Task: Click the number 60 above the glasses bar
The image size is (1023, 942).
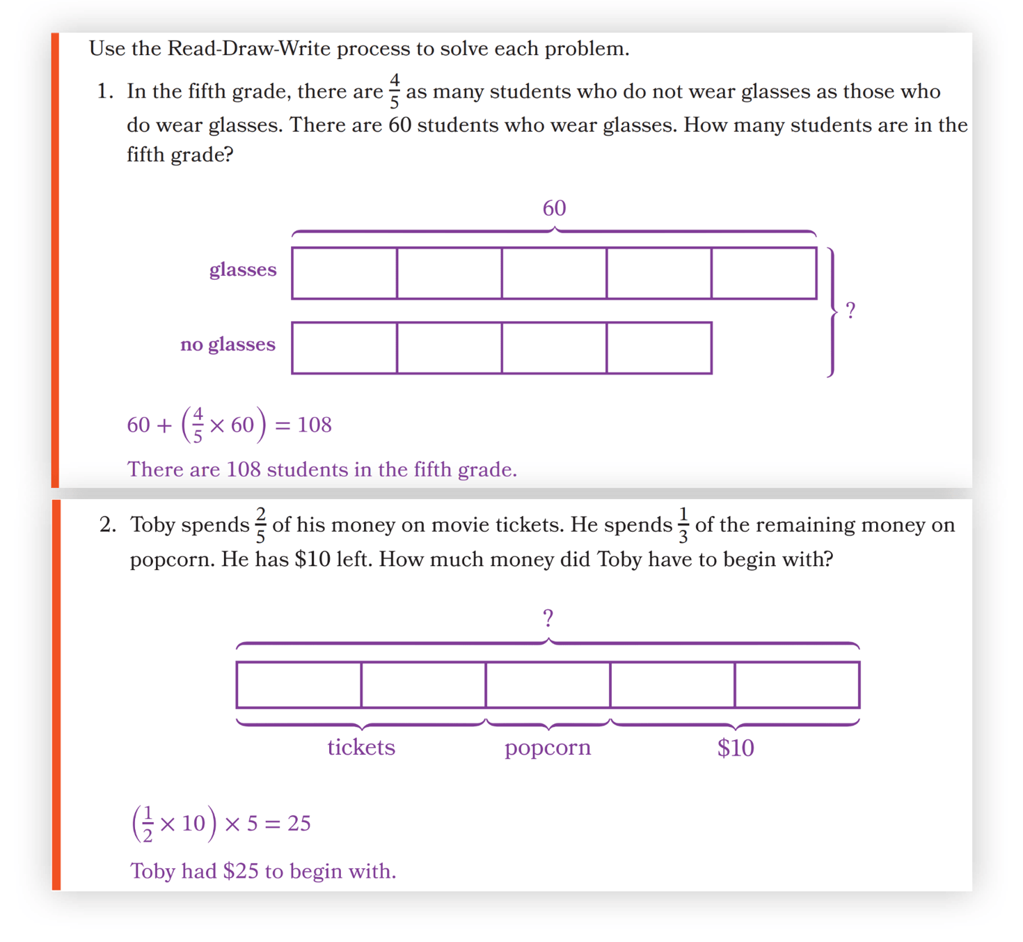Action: (x=554, y=208)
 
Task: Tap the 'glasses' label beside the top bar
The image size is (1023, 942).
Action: (x=243, y=269)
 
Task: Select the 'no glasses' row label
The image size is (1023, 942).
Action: (x=228, y=345)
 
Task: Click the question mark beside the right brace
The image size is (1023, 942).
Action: (x=850, y=311)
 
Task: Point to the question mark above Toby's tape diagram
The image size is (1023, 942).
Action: (x=548, y=618)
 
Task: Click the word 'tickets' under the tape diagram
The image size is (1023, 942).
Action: (x=361, y=748)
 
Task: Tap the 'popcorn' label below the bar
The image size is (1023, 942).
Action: (x=548, y=748)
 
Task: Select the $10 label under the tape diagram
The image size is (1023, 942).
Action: (x=736, y=748)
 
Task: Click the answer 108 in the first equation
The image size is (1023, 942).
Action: (x=314, y=425)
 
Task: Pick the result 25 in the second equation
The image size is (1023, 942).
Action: (x=299, y=824)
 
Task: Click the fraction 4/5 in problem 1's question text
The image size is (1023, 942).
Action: (x=395, y=91)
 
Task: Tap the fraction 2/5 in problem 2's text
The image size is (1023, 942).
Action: (x=261, y=525)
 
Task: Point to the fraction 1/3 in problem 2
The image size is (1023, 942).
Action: (x=683, y=525)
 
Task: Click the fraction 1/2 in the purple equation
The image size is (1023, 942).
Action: (x=148, y=824)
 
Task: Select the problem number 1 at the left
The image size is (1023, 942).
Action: (x=104, y=91)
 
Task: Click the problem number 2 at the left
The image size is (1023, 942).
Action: (x=107, y=525)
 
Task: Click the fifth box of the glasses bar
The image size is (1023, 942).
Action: (x=763, y=274)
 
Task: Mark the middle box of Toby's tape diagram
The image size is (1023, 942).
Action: (x=548, y=685)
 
